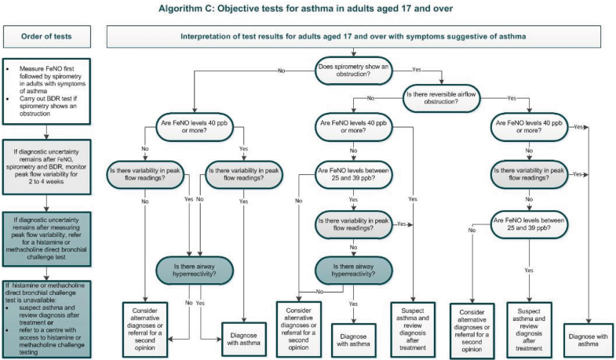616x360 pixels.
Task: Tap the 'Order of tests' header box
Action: pyautogui.click(x=49, y=36)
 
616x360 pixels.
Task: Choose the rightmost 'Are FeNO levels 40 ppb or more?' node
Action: pyautogui.click(x=530, y=127)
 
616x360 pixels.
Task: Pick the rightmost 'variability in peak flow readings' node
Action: pyautogui.click(x=530, y=173)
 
